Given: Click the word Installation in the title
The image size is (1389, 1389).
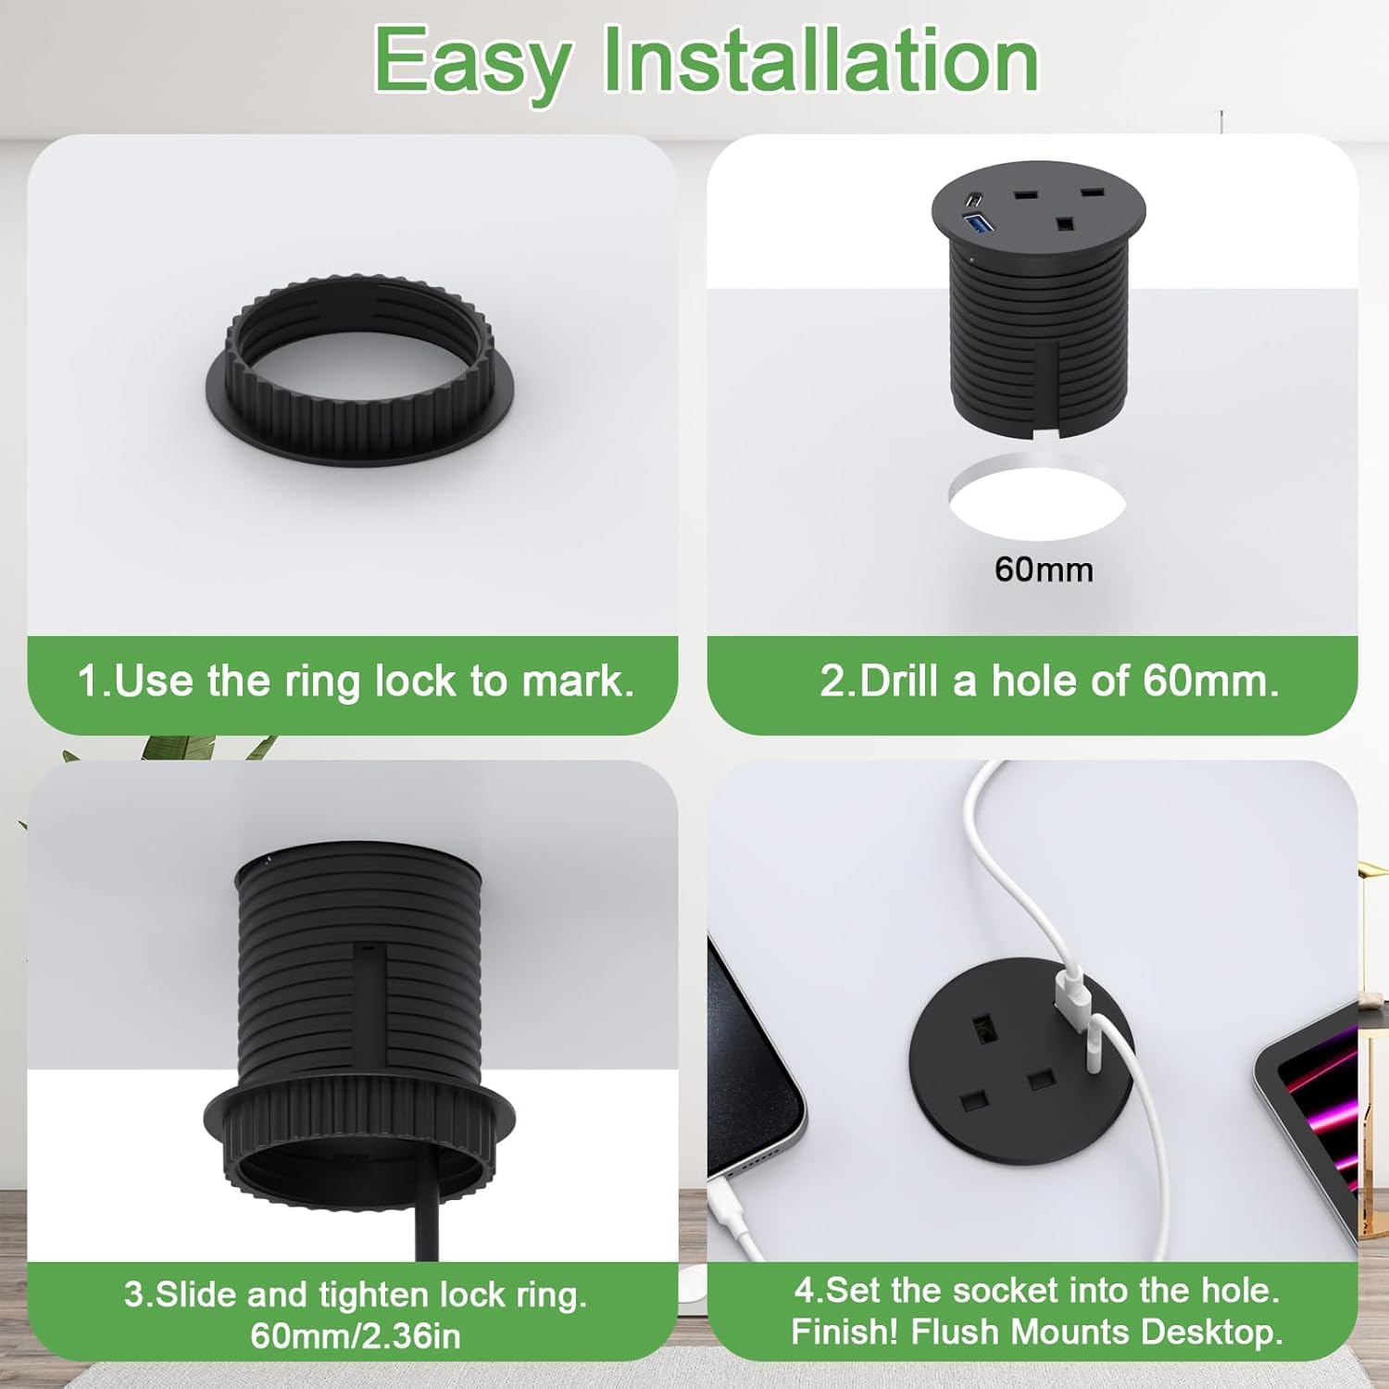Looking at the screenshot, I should pos(820,61).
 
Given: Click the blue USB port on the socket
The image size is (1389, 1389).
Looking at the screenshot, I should pos(978,222).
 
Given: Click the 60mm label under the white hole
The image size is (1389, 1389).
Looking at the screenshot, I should pos(1044,569).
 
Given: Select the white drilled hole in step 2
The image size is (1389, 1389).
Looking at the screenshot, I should pos(1037,502).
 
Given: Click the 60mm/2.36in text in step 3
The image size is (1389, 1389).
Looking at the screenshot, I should pos(355,1335).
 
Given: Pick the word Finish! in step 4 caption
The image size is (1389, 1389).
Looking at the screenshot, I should pos(845,1332).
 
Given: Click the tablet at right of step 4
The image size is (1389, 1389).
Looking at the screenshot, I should pos(1315,1111).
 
